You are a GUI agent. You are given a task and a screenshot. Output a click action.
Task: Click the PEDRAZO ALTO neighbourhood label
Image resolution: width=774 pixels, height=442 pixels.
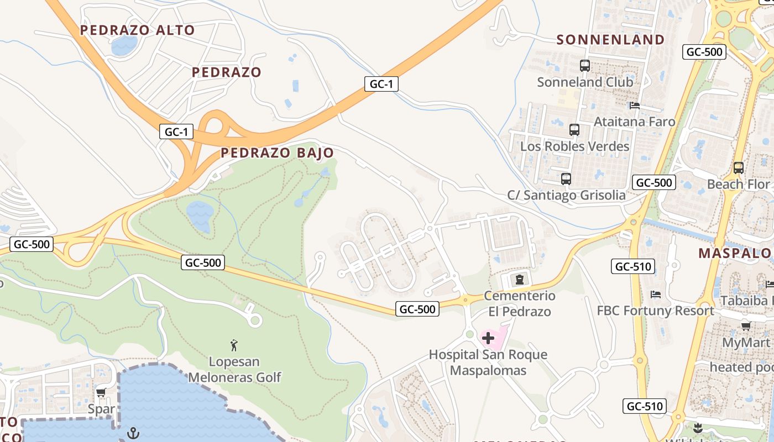(138, 30)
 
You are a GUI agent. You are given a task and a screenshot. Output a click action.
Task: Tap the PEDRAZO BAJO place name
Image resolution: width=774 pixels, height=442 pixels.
(277, 153)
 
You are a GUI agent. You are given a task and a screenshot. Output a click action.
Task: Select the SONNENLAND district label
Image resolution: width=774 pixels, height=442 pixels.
(610, 40)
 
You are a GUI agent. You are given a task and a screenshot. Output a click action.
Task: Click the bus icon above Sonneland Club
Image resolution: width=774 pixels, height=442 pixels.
(585, 66)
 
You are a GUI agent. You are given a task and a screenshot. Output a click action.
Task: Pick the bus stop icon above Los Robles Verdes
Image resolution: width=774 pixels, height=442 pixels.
(574, 130)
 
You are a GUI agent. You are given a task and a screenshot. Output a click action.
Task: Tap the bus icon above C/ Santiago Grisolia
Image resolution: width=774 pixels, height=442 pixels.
(566, 179)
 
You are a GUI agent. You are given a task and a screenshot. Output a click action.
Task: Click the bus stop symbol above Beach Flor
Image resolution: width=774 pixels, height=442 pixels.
(738, 167)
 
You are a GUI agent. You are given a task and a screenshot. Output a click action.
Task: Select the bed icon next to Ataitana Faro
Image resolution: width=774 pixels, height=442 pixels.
(635, 106)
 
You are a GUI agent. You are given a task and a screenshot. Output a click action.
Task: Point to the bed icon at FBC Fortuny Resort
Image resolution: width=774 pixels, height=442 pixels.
(656, 294)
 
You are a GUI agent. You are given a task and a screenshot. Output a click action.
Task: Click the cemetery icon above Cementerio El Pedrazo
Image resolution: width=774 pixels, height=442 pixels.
(519, 280)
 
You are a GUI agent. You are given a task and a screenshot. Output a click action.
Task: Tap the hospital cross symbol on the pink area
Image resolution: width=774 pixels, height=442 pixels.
(488, 338)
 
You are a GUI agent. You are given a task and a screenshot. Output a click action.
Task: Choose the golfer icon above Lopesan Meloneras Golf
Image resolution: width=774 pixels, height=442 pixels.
(234, 346)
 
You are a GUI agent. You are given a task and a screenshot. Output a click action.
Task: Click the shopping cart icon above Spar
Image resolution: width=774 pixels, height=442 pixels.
(101, 393)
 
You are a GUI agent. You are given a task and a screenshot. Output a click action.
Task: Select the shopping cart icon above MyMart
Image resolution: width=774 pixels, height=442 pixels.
(746, 326)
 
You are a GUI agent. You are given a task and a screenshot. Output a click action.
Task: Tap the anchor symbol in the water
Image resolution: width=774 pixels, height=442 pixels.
(133, 433)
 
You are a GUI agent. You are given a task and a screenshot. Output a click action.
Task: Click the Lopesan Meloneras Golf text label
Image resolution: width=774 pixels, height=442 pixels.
(234, 370)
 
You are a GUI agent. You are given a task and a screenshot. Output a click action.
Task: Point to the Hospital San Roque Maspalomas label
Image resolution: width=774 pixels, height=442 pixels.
(488, 362)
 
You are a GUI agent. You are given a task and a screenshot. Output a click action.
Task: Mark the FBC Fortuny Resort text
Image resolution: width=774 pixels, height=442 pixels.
(655, 311)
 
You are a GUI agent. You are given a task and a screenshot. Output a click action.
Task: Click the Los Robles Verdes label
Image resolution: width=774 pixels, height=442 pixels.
(575, 146)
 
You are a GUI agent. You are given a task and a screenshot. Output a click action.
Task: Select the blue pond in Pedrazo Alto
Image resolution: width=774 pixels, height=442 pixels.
(124, 45)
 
